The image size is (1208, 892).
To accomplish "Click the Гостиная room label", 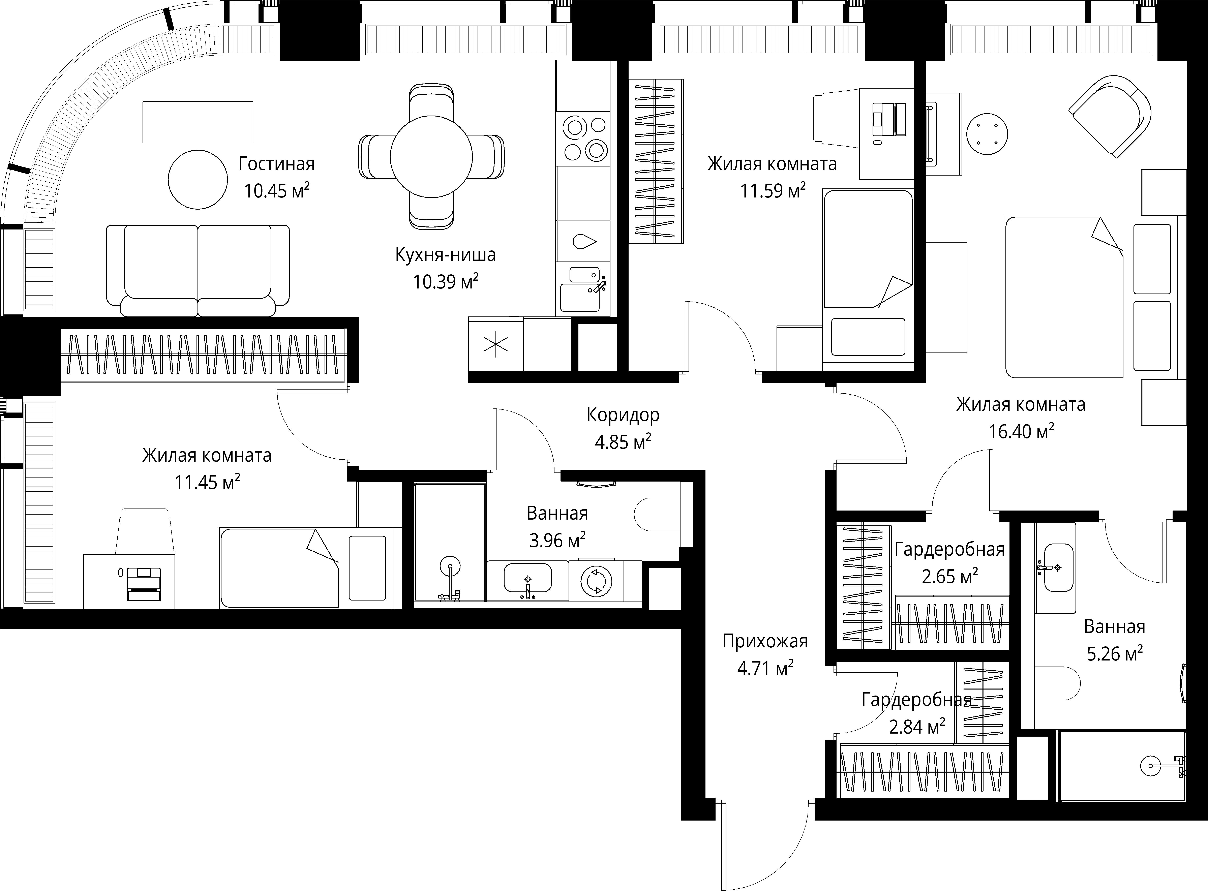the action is (276, 164).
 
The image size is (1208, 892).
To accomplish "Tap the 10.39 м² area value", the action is (446, 281).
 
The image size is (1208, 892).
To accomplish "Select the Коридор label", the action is (623, 415).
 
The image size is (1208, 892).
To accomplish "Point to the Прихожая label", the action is (765, 641).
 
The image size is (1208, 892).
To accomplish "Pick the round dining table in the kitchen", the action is (431, 157).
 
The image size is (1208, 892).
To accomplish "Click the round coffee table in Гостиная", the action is (198, 179).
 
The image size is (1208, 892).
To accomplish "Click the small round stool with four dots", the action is (987, 134).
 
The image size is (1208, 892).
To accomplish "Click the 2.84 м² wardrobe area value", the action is (917, 727).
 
